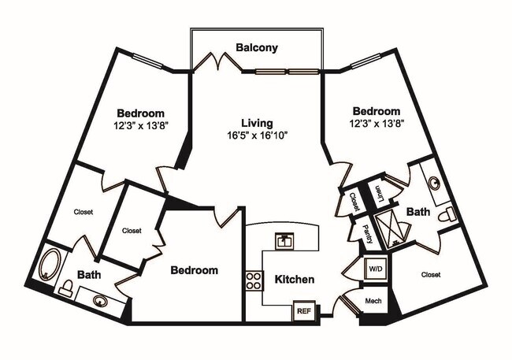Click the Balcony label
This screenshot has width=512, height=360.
click(257, 48)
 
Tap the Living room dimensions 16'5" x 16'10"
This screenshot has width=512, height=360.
click(257, 135)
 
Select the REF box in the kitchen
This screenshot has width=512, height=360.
click(304, 311)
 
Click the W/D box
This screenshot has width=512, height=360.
click(375, 269)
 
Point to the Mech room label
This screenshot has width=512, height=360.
click(373, 302)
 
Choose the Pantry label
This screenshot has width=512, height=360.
click(367, 233)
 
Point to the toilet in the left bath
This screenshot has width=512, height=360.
click(67, 288)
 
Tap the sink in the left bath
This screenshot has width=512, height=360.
click(101, 299)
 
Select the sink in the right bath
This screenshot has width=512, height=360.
click(435, 183)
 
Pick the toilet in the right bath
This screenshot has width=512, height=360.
click(446, 214)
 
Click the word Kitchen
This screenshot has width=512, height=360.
click(295, 280)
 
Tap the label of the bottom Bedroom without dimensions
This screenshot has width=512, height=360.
click(194, 270)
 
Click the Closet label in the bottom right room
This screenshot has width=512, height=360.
click(430, 275)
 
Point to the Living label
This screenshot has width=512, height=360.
click(257, 123)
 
